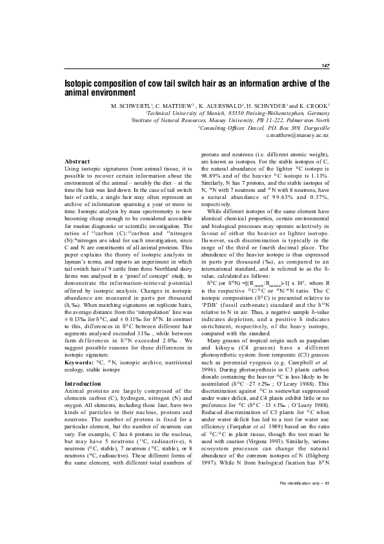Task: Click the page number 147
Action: tap(325, 66)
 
